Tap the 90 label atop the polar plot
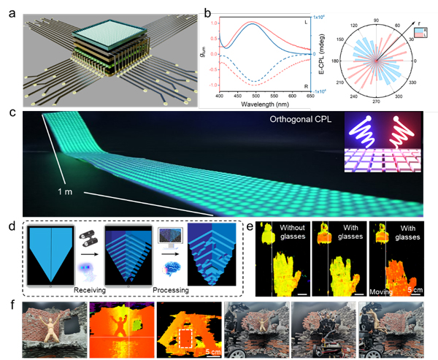point(378,10)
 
